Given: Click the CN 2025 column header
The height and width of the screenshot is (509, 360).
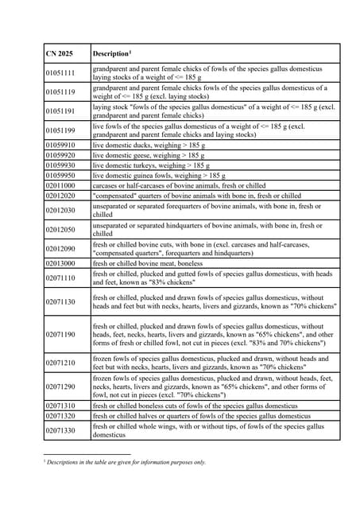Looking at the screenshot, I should (x=60, y=53).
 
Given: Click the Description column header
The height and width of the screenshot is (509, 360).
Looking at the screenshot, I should (x=111, y=53).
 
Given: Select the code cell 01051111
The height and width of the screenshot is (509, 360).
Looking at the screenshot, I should (x=61, y=73).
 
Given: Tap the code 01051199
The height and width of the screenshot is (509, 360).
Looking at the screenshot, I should (x=61, y=130).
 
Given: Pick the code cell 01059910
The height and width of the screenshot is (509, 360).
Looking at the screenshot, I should (x=61, y=146).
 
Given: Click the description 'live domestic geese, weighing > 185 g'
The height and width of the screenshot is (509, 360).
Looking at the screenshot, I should (x=149, y=156).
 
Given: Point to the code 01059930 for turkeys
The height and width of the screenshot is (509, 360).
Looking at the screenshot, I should (x=61, y=165).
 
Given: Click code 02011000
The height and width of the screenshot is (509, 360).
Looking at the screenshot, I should (x=61, y=185).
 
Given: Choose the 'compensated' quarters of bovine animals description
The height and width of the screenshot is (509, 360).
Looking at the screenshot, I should (x=196, y=195).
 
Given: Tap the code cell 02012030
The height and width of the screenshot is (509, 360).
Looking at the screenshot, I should (x=61, y=210).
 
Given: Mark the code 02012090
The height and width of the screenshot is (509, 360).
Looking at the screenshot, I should (x=61, y=249).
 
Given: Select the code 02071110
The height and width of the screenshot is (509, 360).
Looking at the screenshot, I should (x=61, y=278).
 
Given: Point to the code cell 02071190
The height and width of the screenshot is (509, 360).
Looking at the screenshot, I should (x=61, y=335).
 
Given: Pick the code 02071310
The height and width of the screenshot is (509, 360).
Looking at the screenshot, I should (x=61, y=406).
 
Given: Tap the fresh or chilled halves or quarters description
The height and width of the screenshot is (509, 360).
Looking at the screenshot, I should (x=201, y=416).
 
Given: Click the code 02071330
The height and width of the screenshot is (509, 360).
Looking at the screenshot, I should (x=61, y=430).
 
